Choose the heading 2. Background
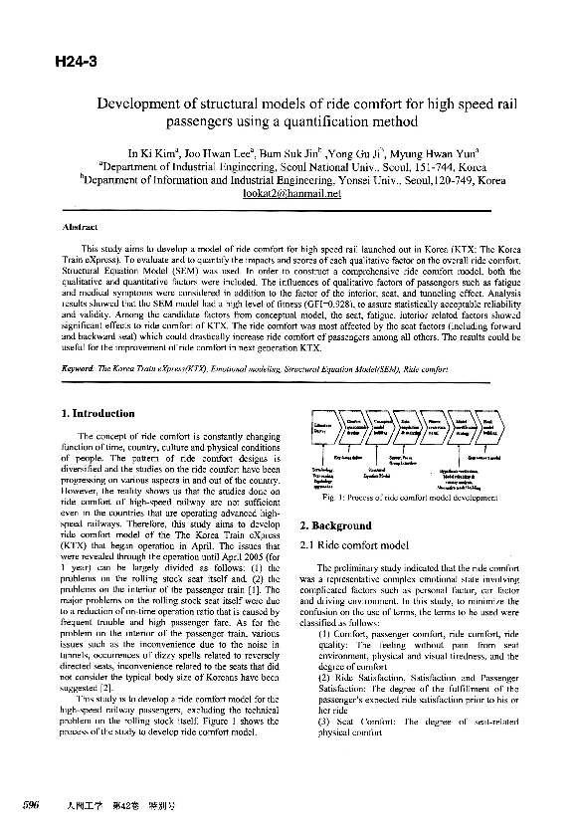[335, 524]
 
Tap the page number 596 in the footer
[31, 804]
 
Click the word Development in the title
[140, 103]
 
